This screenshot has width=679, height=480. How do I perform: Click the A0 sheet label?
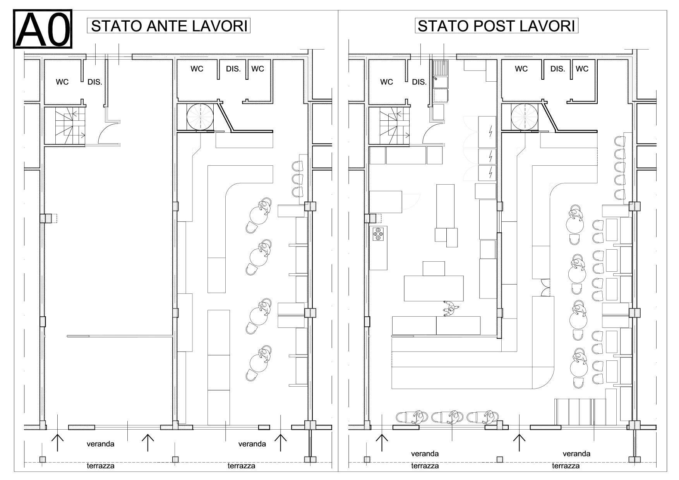tap(43, 29)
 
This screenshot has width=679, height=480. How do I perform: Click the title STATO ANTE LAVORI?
tap(169, 26)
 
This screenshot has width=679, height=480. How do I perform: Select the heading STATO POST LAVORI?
tap(497, 26)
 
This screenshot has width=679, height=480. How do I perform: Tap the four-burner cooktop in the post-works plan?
tap(379, 234)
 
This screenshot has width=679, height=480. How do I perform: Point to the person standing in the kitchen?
tap(450, 309)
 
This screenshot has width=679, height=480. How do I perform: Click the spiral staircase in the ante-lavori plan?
tap(200, 117)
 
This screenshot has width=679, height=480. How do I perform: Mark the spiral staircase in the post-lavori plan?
tap(525, 117)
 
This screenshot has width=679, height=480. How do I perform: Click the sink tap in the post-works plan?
tap(437, 78)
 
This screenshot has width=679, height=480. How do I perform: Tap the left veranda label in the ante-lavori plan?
tap(100, 444)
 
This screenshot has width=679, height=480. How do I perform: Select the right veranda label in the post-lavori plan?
tap(576, 453)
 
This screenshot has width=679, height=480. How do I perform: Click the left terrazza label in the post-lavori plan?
tap(425, 466)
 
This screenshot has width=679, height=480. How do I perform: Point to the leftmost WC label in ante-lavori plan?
tap(62, 82)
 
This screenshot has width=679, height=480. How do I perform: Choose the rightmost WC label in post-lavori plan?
tap(582, 69)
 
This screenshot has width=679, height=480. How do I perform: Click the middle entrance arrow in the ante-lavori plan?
tap(148, 442)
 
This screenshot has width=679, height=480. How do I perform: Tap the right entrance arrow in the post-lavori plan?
tap(519, 442)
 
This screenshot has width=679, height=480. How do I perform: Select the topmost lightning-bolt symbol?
tap(490, 132)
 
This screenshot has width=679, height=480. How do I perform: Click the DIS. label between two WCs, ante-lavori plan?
tap(233, 69)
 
